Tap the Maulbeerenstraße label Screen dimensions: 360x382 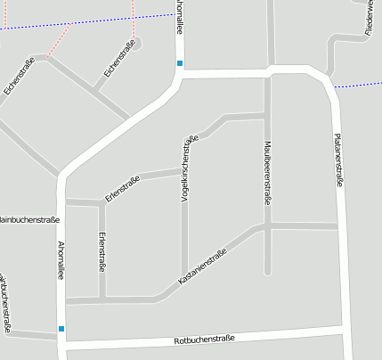266,172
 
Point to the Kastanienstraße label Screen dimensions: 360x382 203,266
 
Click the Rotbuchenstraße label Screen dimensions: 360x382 204,340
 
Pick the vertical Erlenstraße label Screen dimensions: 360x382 102,251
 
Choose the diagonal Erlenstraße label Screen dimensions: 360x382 123,188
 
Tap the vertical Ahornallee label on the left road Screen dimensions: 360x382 61,260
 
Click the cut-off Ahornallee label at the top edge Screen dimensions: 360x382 180,16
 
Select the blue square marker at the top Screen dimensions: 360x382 180,63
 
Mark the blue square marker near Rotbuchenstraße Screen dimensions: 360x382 61,329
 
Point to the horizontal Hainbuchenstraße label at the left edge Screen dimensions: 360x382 28,218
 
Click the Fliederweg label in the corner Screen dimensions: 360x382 369,18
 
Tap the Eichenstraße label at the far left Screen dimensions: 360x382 19,76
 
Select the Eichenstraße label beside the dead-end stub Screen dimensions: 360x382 119,58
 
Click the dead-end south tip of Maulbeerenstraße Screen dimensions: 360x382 267,271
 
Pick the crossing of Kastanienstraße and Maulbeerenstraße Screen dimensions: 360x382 267,226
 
